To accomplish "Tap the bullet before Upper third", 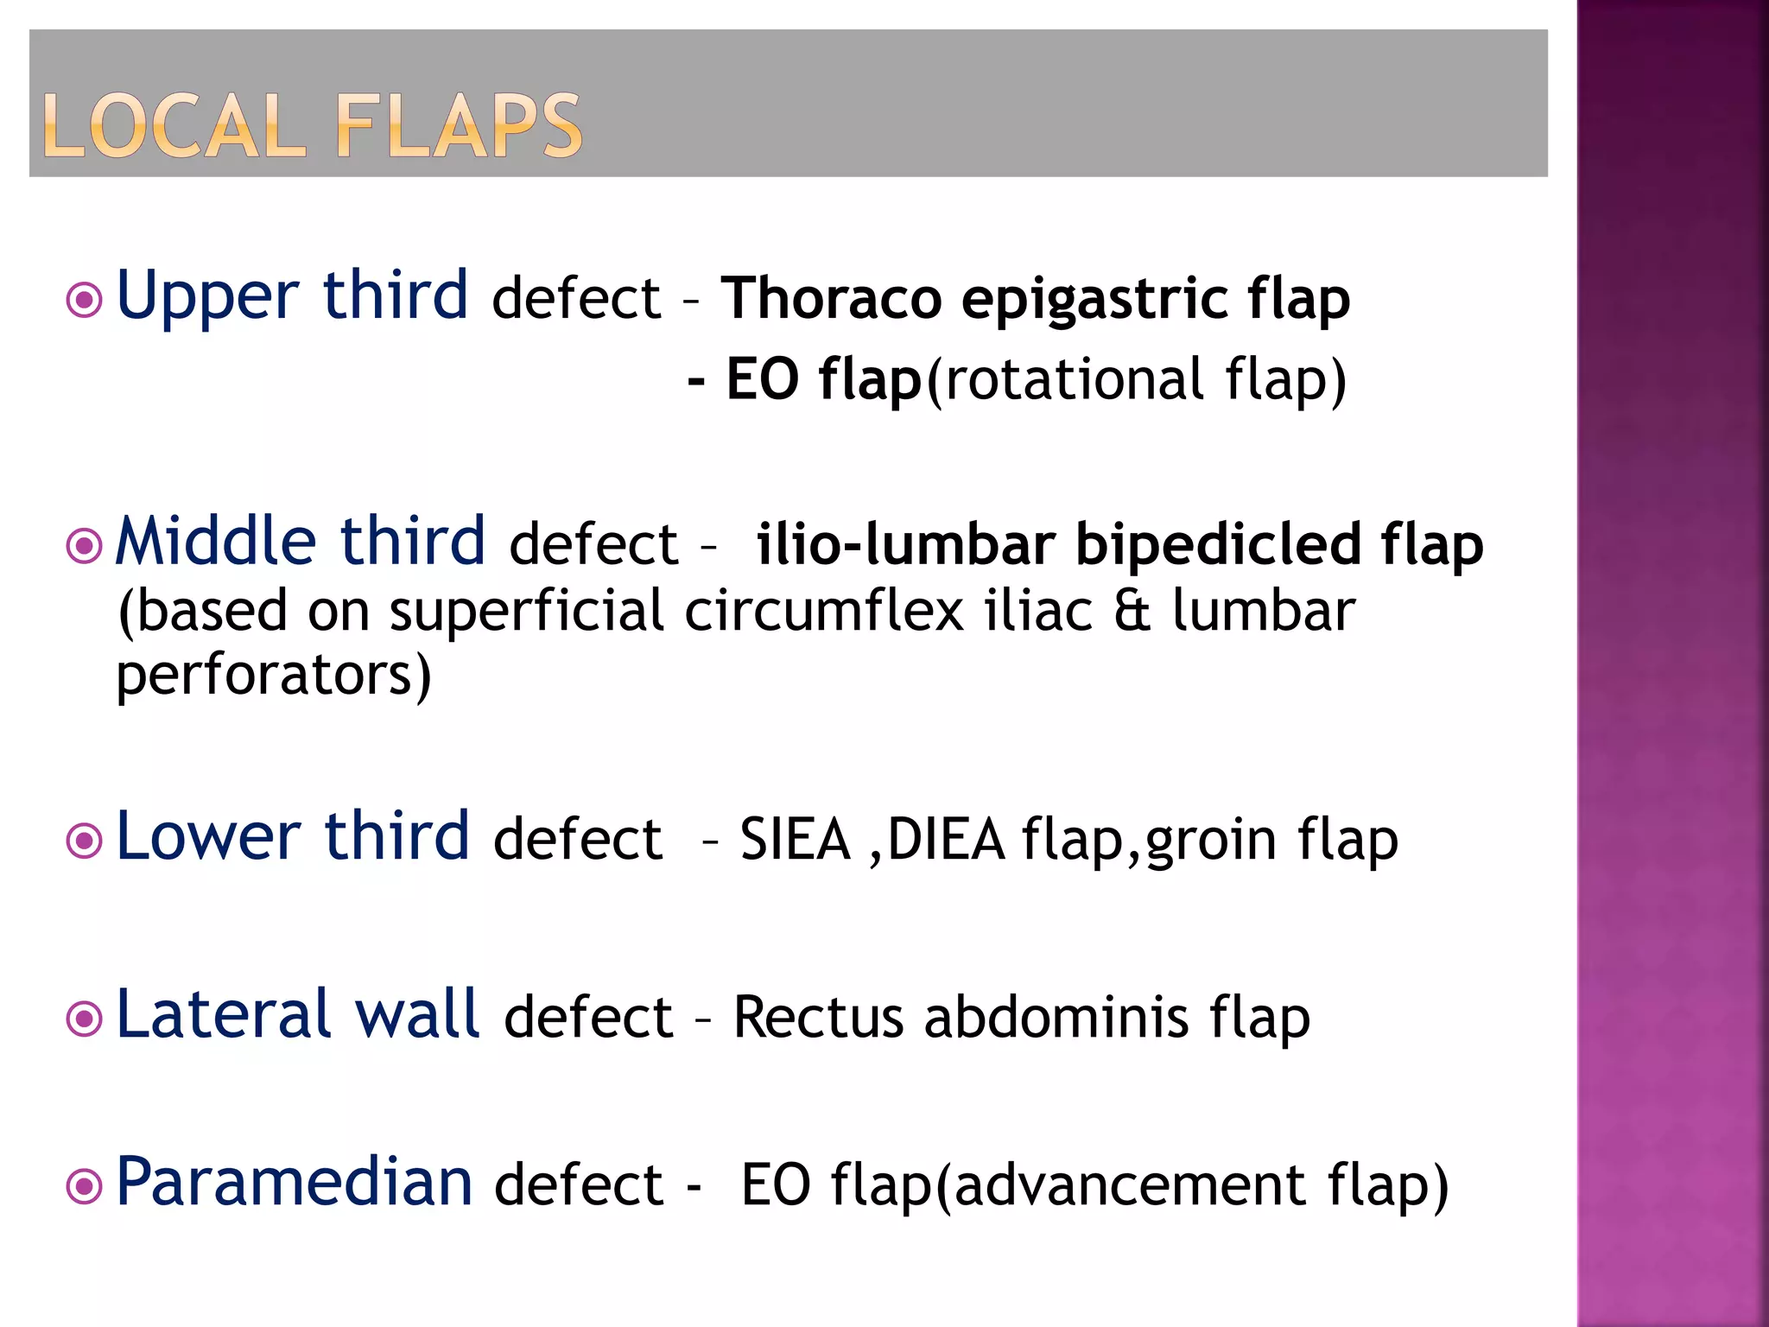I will click(85, 300).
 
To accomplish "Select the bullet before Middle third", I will click(85, 546).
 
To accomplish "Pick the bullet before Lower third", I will click(85, 841).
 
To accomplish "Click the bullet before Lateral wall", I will click(85, 1019).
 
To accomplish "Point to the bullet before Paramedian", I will click(85, 1186).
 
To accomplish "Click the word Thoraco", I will click(831, 299).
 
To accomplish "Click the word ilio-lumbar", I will click(906, 546).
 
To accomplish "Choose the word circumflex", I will click(823, 612).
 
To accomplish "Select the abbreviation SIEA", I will click(796, 840).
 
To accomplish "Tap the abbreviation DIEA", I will click(946, 840).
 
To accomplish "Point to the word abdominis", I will click(1056, 1018).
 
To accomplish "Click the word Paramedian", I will click(295, 1184).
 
